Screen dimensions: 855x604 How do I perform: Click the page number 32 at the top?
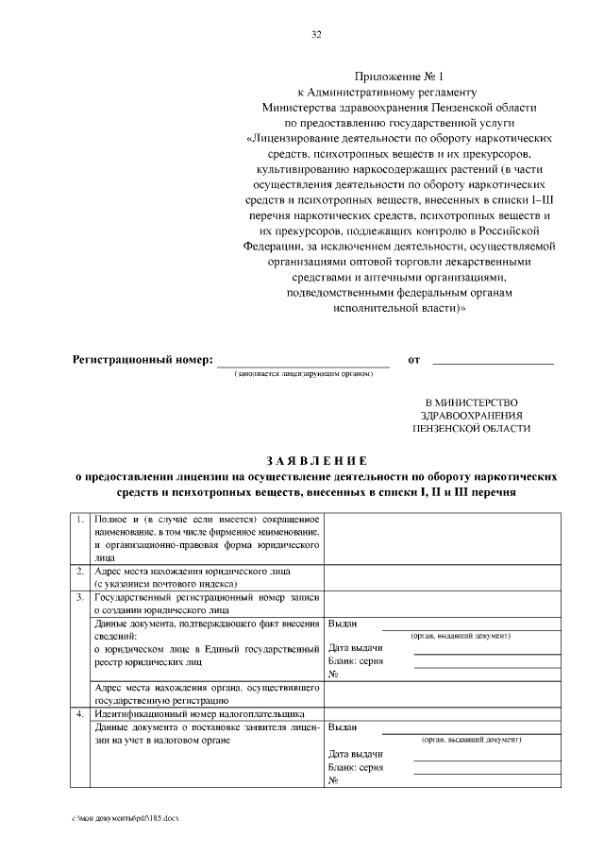[316, 35]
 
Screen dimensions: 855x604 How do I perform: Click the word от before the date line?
[413, 360]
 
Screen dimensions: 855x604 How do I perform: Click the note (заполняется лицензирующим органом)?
[303, 374]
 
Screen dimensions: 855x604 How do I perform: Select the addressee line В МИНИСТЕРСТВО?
[472, 401]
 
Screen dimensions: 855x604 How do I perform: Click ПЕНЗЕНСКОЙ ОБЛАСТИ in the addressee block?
[472, 428]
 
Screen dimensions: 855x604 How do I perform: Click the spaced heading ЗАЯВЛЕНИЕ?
[315, 460]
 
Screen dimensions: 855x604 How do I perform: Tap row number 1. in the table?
[80, 521]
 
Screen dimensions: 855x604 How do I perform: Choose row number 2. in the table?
[80, 572]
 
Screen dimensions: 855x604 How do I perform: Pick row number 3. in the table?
[80, 598]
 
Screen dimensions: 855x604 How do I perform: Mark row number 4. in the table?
[80, 713]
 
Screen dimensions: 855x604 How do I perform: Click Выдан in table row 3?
[343, 624]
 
